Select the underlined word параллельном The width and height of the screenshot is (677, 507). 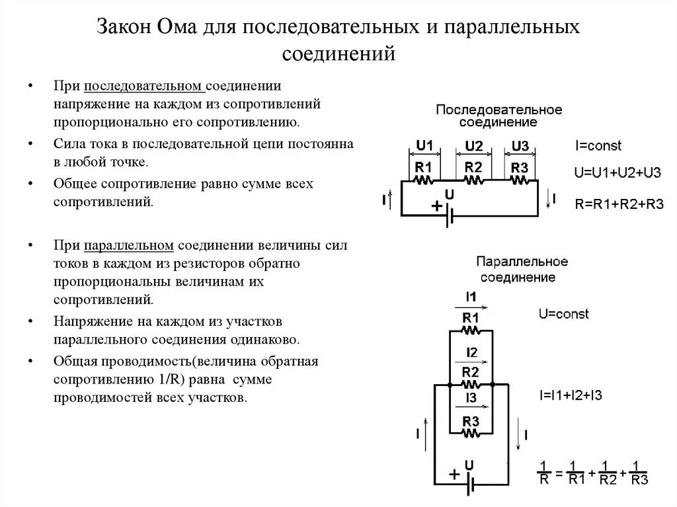click(x=129, y=246)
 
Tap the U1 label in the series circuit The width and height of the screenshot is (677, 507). click(x=424, y=145)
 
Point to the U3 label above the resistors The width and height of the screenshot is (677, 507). click(x=520, y=145)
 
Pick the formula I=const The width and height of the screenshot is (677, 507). click(x=598, y=146)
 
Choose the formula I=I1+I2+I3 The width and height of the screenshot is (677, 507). click(x=569, y=395)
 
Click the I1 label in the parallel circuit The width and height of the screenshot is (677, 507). click(x=471, y=295)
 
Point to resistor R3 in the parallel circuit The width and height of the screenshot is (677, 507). click(x=471, y=427)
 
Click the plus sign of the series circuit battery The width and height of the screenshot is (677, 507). click(x=436, y=206)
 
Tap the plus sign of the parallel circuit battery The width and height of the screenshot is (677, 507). click(x=454, y=474)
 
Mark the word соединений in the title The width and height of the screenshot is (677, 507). click(x=338, y=54)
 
